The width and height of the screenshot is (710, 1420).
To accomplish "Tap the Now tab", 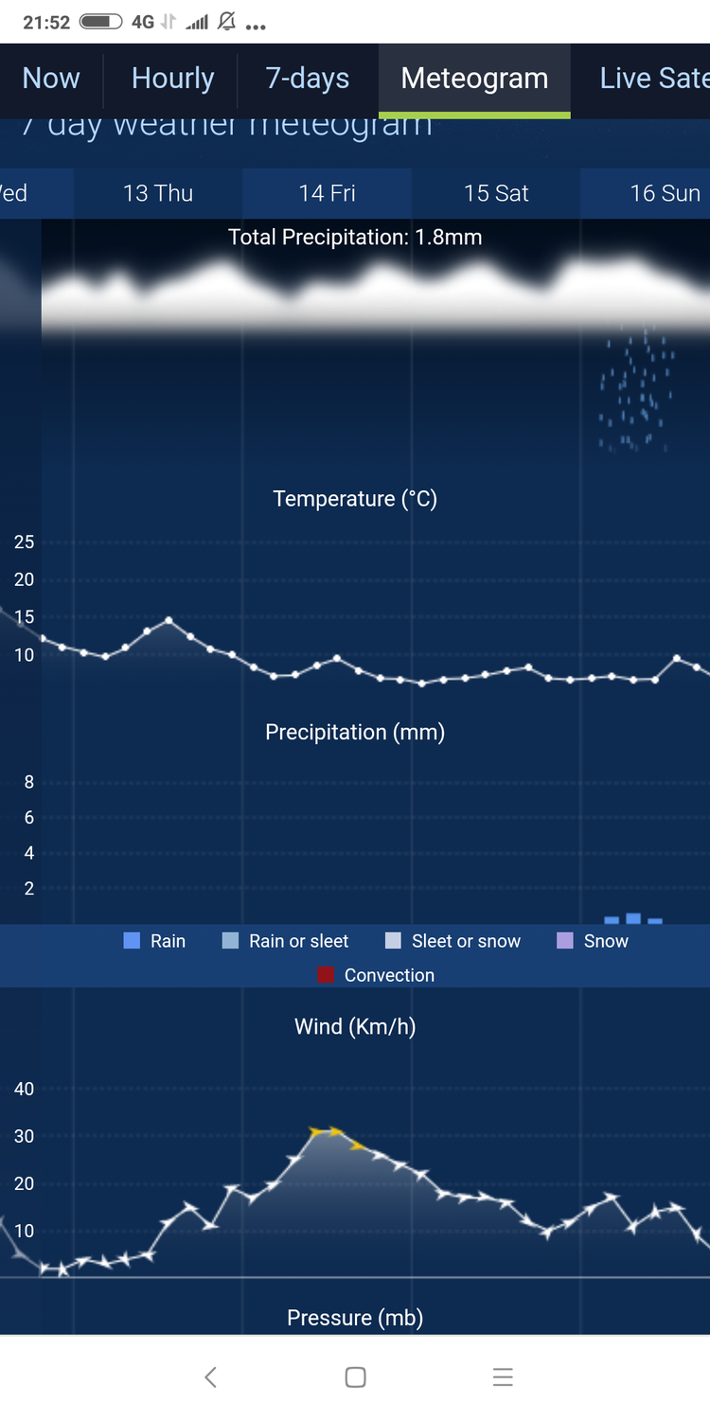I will [51, 79].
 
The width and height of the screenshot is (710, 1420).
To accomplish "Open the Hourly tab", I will [172, 79].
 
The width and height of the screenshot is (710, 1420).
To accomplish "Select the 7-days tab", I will [308, 79].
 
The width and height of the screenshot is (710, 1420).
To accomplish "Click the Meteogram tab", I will [474, 79].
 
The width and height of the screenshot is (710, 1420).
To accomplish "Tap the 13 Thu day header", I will [158, 193].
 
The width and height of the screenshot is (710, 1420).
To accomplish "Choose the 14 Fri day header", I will [327, 193].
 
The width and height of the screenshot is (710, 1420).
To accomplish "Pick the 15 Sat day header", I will [496, 193].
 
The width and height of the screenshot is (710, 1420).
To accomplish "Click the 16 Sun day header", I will [665, 193].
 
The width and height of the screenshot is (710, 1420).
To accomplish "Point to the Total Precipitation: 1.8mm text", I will [355, 237].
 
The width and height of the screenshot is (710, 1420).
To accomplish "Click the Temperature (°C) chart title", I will [355, 499].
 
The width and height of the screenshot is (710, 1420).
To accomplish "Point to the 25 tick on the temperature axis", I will [24, 542].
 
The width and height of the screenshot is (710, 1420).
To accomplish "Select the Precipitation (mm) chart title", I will [355, 732].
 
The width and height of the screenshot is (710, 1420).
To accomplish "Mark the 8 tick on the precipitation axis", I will [29, 782].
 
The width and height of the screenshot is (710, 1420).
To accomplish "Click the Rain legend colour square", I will [132, 941].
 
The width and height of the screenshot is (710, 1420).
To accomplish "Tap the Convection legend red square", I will [327, 975].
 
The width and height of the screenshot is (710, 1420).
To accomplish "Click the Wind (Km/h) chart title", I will [355, 1026].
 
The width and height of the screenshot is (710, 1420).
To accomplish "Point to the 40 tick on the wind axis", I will [24, 1089].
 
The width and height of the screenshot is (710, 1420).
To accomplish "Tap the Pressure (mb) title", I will [355, 1318].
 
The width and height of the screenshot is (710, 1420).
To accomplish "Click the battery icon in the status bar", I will [100, 22].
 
